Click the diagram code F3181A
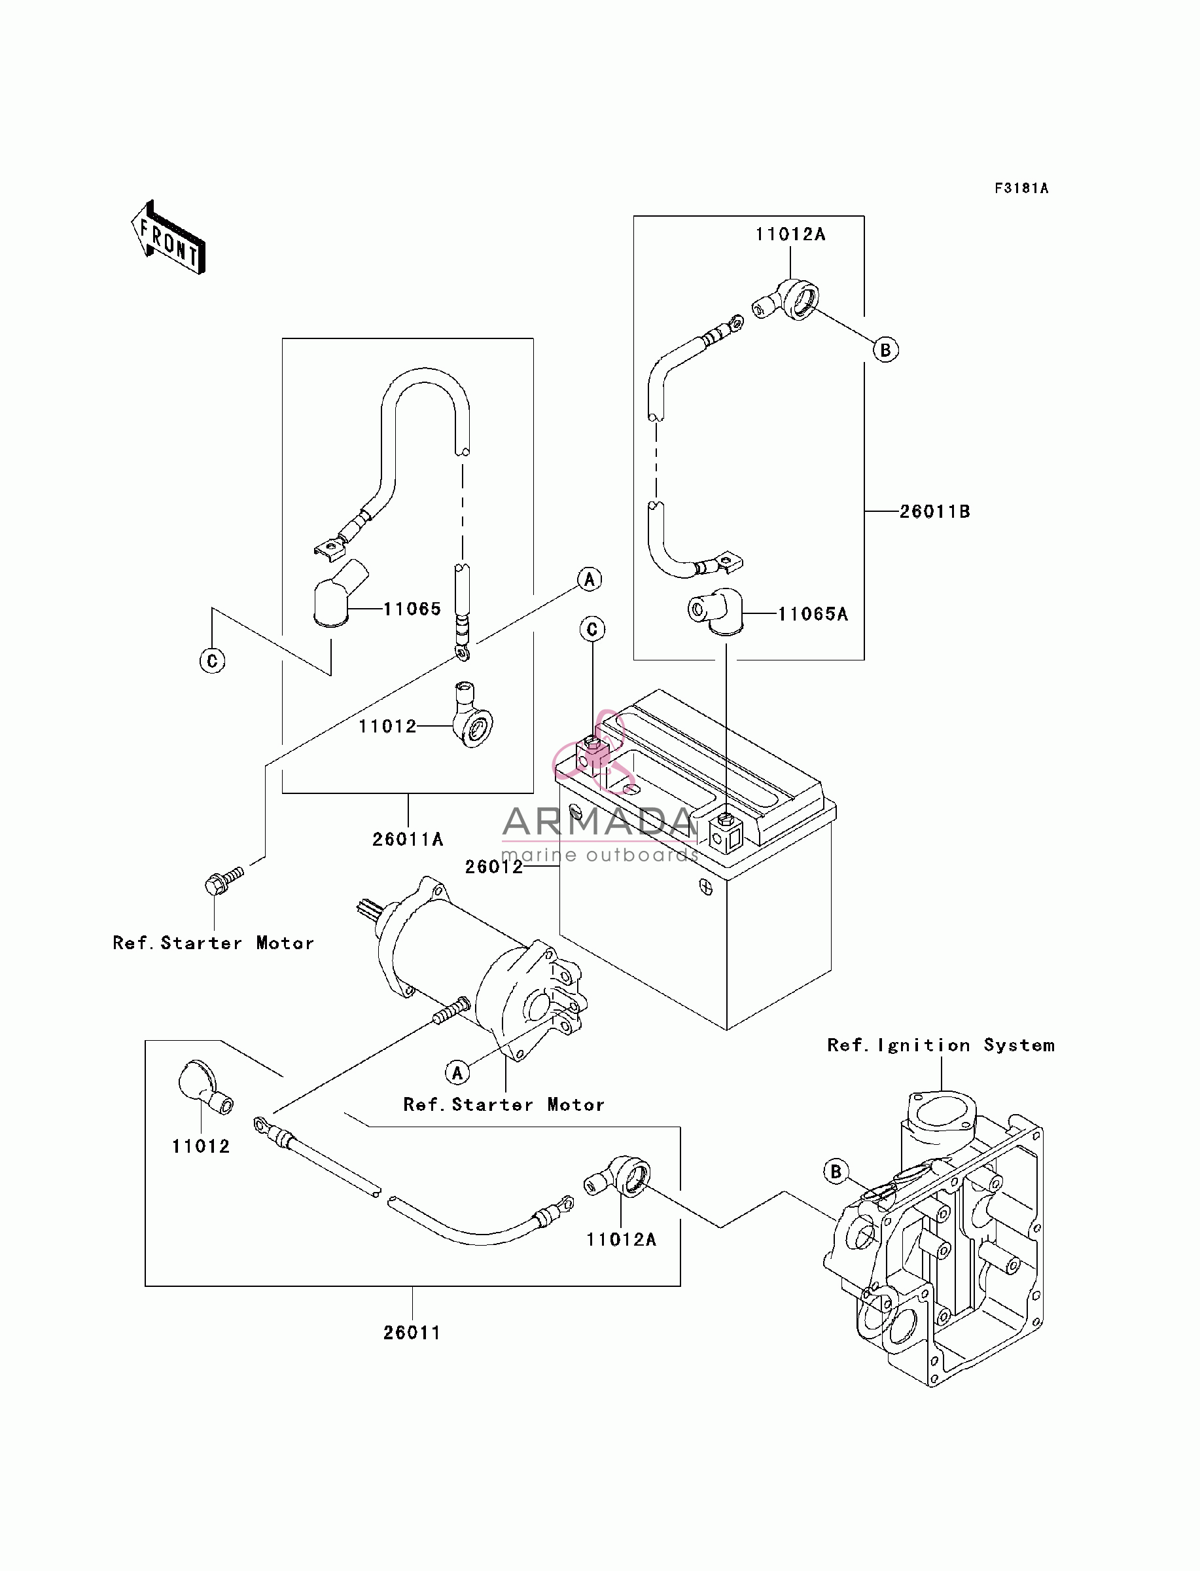point(1021,189)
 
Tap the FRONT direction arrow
point(169,238)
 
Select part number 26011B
point(934,511)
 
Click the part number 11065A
point(813,614)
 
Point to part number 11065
point(412,609)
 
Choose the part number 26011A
point(408,839)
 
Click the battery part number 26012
point(493,867)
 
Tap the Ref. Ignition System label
point(941,1045)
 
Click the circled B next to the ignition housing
point(836,1172)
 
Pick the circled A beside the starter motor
point(458,1072)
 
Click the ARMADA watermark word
point(599,822)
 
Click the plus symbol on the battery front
point(706,888)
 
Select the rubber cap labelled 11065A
point(716,611)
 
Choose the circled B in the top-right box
point(886,350)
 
